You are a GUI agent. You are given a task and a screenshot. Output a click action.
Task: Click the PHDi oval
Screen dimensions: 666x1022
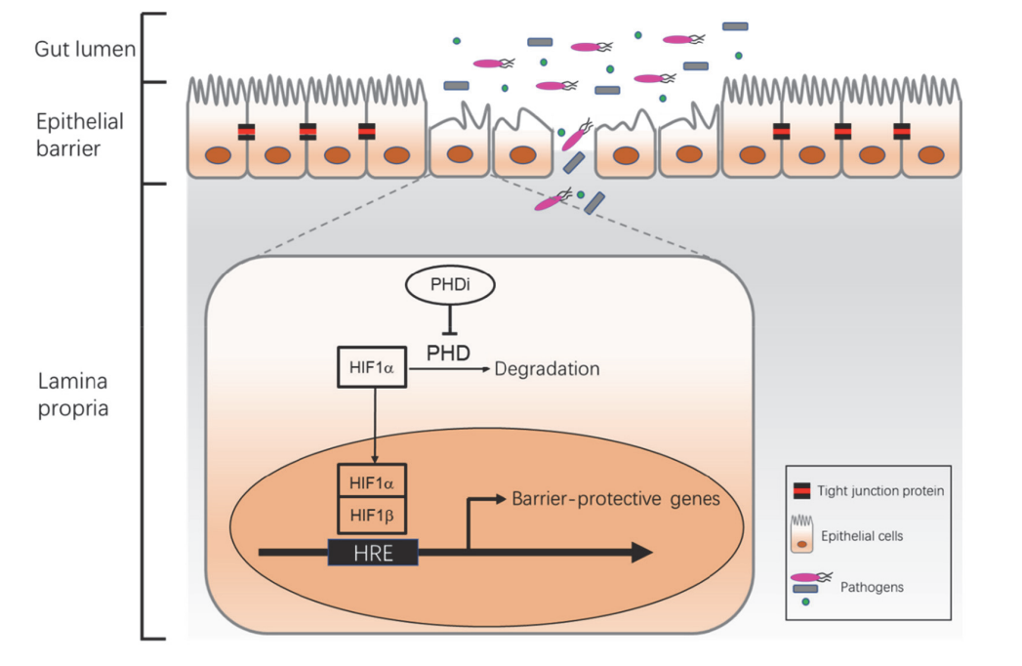pos(449,285)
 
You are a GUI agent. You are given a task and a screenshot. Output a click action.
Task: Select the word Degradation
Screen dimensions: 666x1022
pos(547,369)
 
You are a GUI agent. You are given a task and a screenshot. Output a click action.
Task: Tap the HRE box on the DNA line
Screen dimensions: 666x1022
pos(374,553)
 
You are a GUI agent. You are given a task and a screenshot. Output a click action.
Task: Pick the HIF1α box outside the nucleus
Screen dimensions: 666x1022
pos(372,367)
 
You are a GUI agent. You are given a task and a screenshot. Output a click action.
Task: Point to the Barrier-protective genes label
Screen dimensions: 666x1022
pos(615,499)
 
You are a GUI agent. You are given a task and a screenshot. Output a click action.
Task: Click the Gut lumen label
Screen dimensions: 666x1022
pos(84,48)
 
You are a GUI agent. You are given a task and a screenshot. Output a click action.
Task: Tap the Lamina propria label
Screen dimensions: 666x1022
pos(73,394)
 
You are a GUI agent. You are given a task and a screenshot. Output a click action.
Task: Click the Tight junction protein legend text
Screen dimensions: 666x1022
pos(893,491)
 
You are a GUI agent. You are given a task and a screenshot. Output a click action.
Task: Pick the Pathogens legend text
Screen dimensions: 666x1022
pos(871,587)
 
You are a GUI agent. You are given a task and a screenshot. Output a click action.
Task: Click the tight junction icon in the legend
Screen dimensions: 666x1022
pos(802,491)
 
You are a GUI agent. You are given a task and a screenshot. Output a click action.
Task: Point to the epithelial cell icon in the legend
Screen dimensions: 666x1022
pos(802,533)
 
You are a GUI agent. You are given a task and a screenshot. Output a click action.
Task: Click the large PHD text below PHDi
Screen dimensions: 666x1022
pos(449,350)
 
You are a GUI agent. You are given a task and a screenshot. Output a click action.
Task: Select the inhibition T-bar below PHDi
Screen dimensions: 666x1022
pos(449,317)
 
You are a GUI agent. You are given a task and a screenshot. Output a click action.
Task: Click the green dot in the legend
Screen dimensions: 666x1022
pos(805,603)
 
